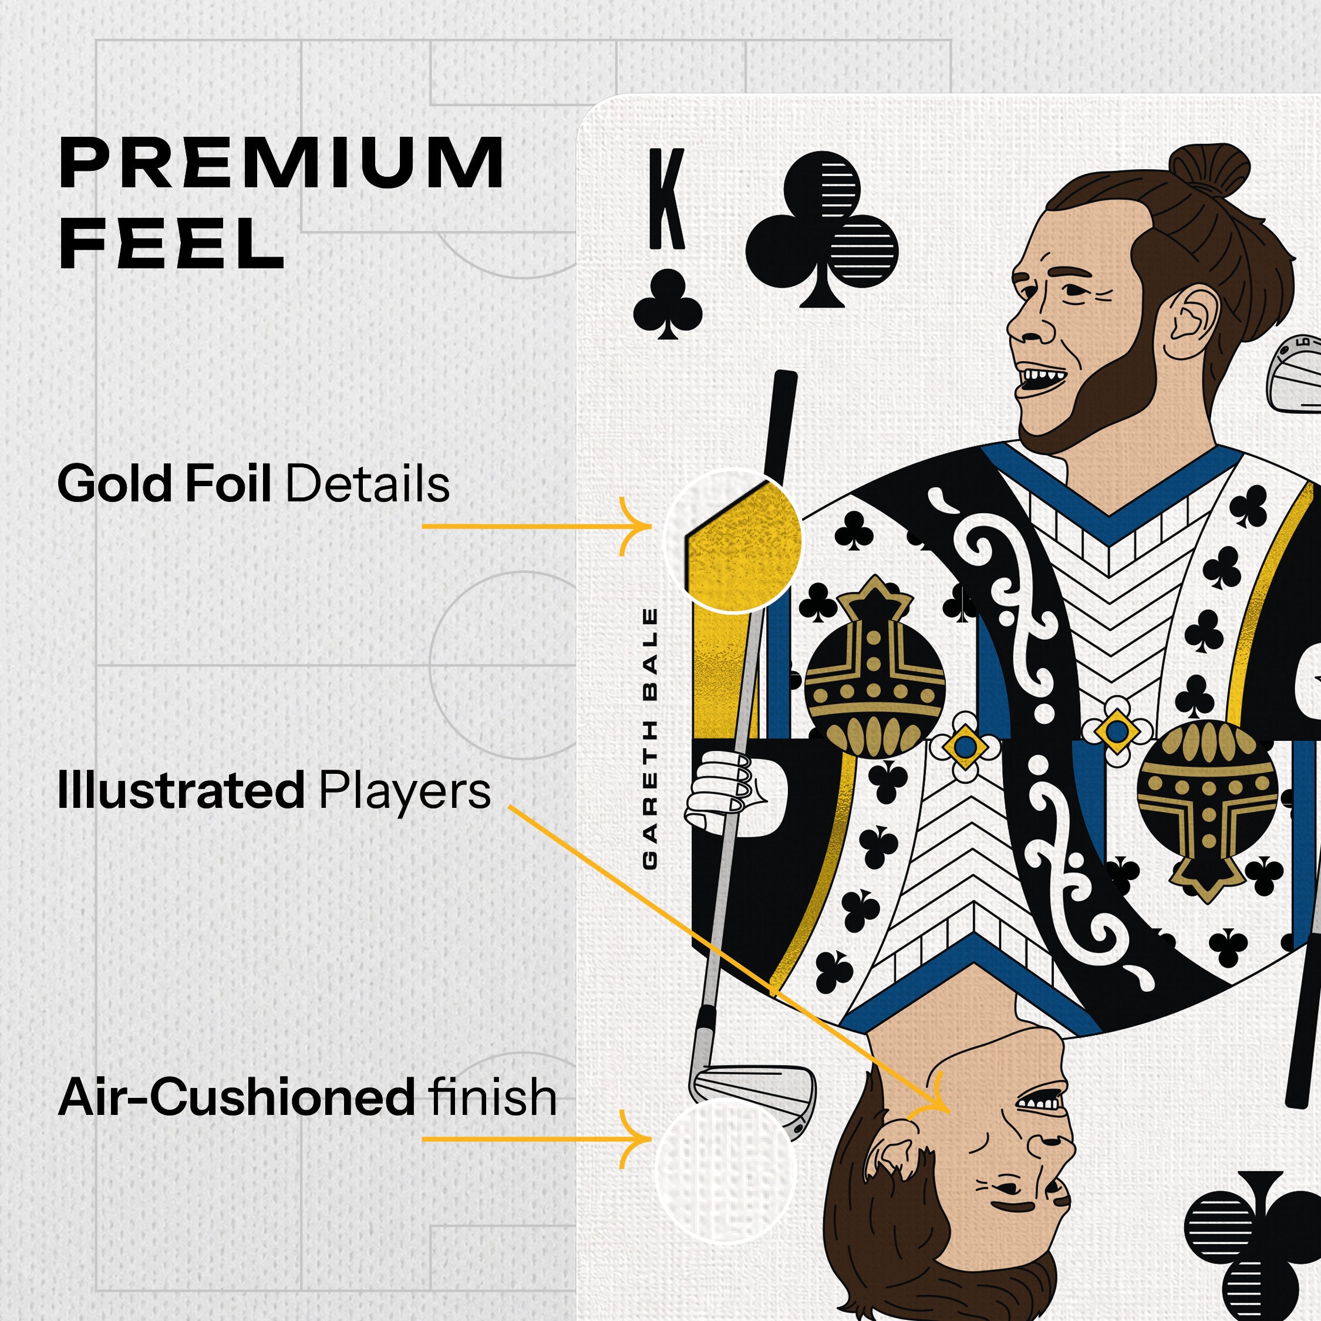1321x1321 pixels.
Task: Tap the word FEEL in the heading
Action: (171, 244)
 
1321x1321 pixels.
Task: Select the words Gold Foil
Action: (165, 484)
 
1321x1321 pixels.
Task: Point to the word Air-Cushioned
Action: (236, 1097)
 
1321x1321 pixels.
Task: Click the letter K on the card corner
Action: (666, 199)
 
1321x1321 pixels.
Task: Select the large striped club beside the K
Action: (822, 228)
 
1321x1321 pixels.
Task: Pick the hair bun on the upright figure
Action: (1209, 170)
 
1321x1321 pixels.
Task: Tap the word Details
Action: (367, 484)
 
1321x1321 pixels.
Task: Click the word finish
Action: (493, 1097)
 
